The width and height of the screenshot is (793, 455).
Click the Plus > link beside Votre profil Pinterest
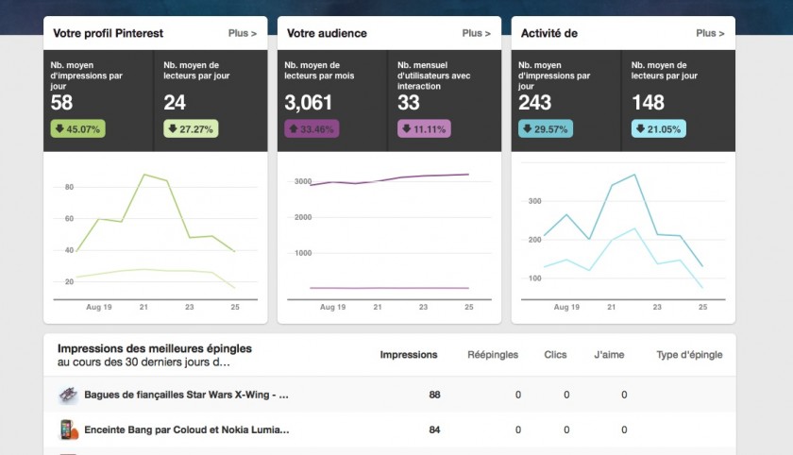tap(242, 34)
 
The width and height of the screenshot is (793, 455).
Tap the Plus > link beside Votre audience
tap(476, 34)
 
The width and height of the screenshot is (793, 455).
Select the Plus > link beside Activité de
tap(710, 34)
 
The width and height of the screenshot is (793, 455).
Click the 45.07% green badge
tap(77, 129)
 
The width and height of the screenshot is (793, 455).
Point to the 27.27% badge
tap(191, 129)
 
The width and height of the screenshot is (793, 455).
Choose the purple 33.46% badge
tap(312, 129)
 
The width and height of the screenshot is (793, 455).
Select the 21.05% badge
tap(659, 129)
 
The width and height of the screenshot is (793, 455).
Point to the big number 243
tap(536, 102)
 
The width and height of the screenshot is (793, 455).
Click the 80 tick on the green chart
tap(69, 187)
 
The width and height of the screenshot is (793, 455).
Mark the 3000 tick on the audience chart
tap(302, 181)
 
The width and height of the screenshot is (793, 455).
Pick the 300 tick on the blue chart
tap(534, 201)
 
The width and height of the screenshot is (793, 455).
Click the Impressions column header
tap(408, 355)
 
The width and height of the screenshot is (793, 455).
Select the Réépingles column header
tap(494, 355)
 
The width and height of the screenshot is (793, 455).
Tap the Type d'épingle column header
tap(689, 355)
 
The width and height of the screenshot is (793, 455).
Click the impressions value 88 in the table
tap(434, 395)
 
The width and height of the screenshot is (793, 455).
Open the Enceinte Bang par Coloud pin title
tap(186, 430)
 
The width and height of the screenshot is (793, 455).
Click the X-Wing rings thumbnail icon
tap(68, 395)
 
